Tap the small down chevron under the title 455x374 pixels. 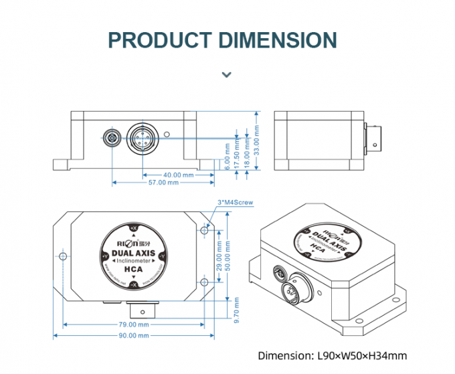227,74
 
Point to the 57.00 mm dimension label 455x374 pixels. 163,183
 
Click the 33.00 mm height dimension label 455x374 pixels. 256,143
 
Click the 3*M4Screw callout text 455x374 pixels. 236,202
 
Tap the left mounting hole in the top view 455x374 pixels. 64,257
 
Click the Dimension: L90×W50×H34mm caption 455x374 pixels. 332,356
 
